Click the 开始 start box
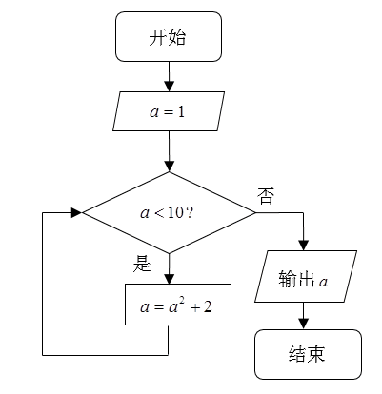pyautogui.click(x=169, y=36)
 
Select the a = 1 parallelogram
pyautogui.click(x=169, y=111)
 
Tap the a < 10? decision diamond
pyautogui.click(x=169, y=212)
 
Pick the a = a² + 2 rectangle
pyautogui.click(x=178, y=305)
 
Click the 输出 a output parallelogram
pyautogui.click(x=306, y=276)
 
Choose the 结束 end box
pyautogui.click(x=308, y=354)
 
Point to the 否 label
pyautogui.click(x=265, y=196)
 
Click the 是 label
pyautogui.click(x=142, y=264)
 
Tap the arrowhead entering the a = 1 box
pyautogui.click(x=169, y=87)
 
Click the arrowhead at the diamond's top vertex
pyautogui.click(x=169, y=167)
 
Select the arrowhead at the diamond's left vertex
pyautogui.click(x=76, y=212)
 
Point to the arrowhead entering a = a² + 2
pyautogui.click(x=169, y=278)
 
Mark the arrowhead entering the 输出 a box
pyautogui.click(x=304, y=246)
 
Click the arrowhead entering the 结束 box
pyautogui.click(x=304, y=324)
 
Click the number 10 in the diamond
pyautogui.click(x=175, y=213)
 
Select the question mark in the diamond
pyautogui.click(x=189, y=213)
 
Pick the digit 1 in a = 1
pyautogui.click(x=181, y=112)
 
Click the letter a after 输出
pyautogui.click(x=323, y=282)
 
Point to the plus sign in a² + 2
pyautogui.click(x=195, y=307)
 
